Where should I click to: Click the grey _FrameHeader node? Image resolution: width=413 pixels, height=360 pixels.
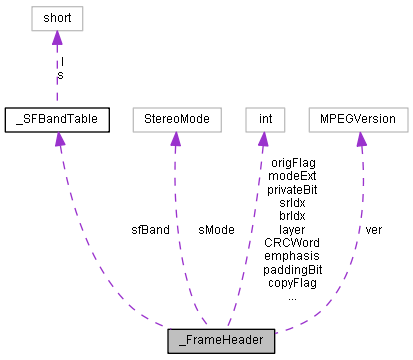coord(221,341)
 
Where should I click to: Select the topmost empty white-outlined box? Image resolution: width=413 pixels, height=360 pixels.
coord(57,18)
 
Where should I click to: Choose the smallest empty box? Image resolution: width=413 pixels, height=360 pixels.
coord(265,120)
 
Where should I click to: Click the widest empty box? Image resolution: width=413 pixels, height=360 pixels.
coord(358,120)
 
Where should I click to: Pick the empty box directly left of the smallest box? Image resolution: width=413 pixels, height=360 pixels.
coord(176,120)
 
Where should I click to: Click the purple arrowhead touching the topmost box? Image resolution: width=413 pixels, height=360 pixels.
coord(57,39)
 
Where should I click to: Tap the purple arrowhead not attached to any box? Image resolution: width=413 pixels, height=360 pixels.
coord(59,139)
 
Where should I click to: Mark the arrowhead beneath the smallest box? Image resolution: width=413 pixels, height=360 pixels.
coord(263,140)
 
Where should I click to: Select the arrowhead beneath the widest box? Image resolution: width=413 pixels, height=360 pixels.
coord(361,140)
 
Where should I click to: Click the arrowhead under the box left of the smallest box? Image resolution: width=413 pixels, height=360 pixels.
coord(175,140)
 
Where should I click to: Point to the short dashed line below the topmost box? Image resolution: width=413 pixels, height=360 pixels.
coord(57,75)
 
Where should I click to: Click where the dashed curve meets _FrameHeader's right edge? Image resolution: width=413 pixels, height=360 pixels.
coord(275,332)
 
